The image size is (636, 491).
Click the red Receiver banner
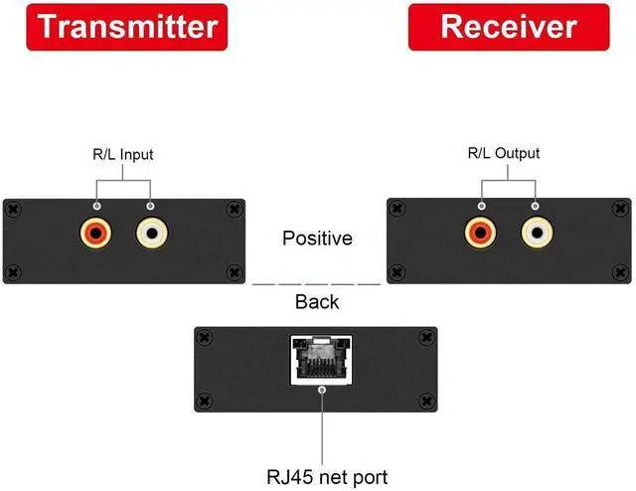tap(509, 26)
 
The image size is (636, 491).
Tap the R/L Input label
tap(123, 154)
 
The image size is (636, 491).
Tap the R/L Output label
tap(504, 153)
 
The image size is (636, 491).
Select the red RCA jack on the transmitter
tap(95, 236)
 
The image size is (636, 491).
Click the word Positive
tap(317, 239)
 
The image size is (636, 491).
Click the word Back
tap(317, 302)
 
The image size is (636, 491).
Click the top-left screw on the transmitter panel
tap(13, 209)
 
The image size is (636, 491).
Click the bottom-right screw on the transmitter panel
tap(234, 271)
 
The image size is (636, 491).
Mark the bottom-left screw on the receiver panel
tap(397, 270)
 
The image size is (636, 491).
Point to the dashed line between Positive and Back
tap(317, 284)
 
